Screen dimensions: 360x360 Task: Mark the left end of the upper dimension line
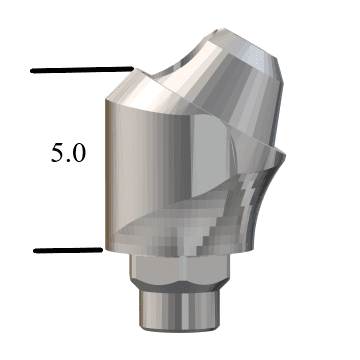pyautogui.click(x=33, y=71)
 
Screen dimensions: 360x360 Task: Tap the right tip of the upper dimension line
pyautogui.click(x=131, y=69)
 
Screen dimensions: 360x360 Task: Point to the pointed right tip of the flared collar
pyautogui.click(x=283, y=151)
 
